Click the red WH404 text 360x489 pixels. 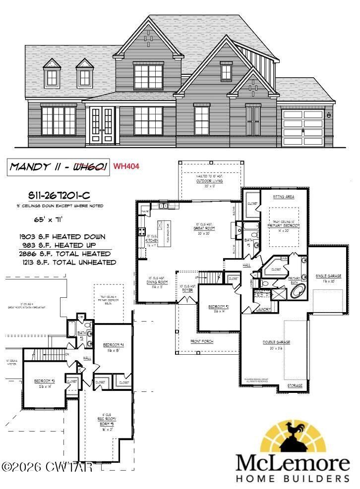click(126, 167)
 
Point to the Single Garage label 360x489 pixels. click(327, 278)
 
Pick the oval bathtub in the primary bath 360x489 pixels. click(299, 291)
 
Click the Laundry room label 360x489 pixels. click(263, 310)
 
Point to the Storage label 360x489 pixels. click(296, 385)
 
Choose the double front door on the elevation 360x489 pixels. click(102, 125)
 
